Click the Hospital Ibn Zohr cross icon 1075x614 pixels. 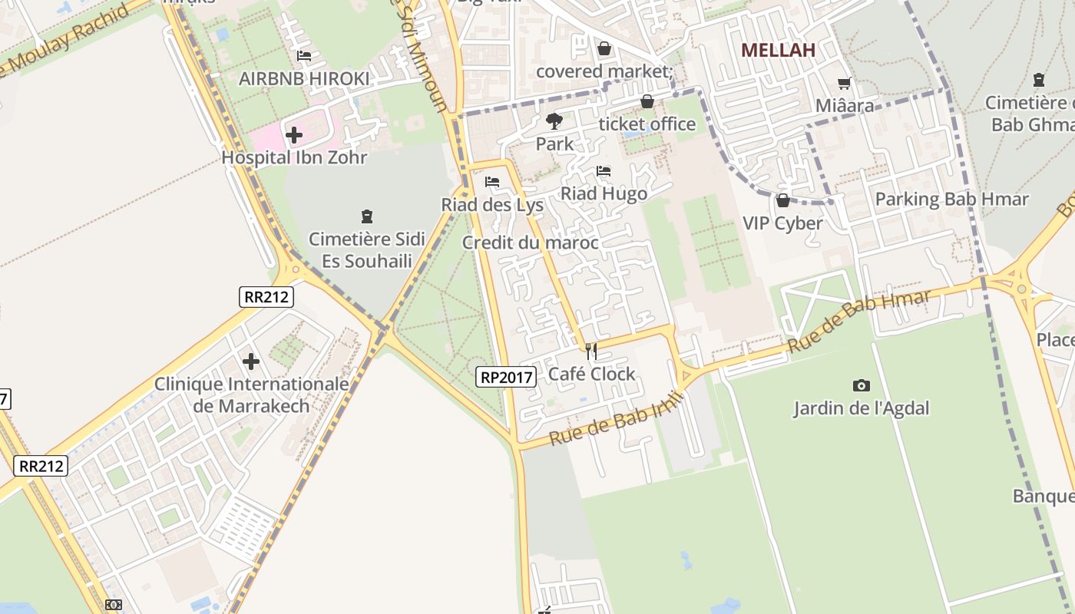tap(293, 136)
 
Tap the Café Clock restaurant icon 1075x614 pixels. tap(591, 352)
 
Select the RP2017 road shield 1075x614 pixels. tap(506, 377)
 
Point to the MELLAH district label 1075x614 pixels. tap(777, 51)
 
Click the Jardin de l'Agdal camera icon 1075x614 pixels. tap(862, 385)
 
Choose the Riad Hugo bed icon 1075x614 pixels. tap(604, 171)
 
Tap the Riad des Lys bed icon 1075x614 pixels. tap(492, 182)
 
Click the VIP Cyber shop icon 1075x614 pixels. tap(782, 201)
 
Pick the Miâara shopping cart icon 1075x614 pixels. tap(845, 83)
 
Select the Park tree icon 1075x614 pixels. tap(554, 120)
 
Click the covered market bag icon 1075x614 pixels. tap(604, 48)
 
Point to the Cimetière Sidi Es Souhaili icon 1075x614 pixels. tap(366, 216)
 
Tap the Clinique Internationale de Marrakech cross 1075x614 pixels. tap(251, 361)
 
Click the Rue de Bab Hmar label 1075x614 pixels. tap(859, 320)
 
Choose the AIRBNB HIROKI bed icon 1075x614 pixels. tap(304, 56)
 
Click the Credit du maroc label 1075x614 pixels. tap(530, 243)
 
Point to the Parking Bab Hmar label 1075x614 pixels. tap(951, 200)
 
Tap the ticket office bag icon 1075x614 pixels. tap(647, 101)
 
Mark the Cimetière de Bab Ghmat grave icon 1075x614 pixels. tap(1038, 79)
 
